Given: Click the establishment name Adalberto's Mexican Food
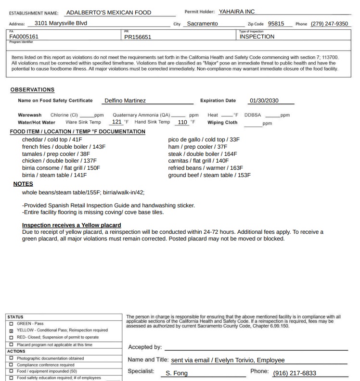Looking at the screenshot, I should (108, 13).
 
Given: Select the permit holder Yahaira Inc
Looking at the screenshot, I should (237, 12).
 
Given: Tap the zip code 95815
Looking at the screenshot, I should (276, 24).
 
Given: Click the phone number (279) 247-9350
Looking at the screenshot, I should (329, 24).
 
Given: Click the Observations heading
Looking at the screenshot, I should (32, 90).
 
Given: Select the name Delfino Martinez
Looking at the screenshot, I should (125, 101).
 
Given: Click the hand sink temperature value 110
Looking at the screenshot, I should (182, 122).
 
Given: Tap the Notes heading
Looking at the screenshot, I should (23, 184).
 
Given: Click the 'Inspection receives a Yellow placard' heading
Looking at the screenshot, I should (71, 225).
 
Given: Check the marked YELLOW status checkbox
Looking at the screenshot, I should (11, 330).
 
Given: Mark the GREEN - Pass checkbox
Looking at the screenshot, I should (11, 324).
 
